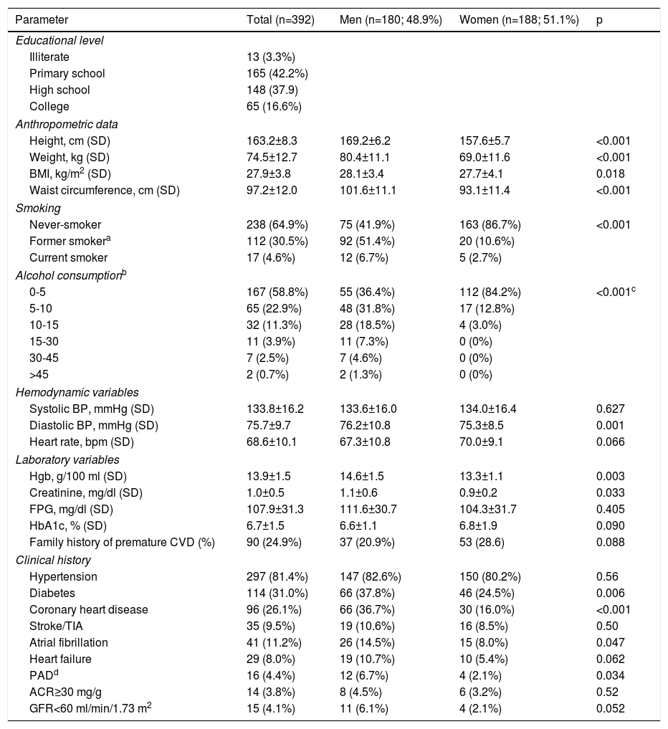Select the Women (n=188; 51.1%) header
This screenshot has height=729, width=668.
pyautogui.click(x=518, y=19)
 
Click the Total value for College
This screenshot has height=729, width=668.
pyautogui.click(x=274, y=106)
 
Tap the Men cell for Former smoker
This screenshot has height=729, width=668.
pyautogui.click(x=366, y=241)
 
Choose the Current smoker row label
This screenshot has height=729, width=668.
pyautogui.click(x=68, y=257)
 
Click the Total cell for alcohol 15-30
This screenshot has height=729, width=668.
pyautogui.click(x=270, y=341)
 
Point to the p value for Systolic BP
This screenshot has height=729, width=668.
pyautogui.click(x=610, y=409)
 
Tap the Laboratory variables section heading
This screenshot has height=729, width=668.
pyautogui.click(x=67, y=459)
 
